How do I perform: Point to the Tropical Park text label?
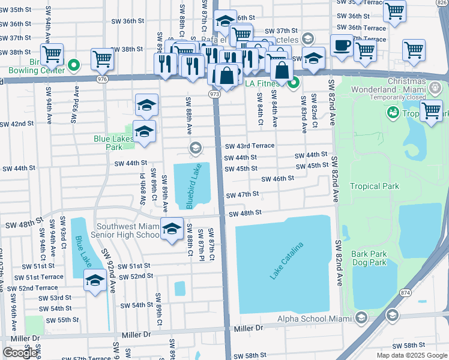coord(374,186)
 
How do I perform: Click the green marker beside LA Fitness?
coord(294,83)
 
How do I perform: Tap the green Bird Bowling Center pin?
coord(74,65)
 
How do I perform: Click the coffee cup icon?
coord(342,46)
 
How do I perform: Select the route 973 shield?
coord(214,94)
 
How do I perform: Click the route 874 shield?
coord(404,292)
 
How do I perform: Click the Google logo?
coord(20,353)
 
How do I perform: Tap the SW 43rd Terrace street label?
coord(249,146)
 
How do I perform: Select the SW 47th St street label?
coord(242,194)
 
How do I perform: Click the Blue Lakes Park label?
coord(108,142)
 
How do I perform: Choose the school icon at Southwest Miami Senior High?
coord(172,229)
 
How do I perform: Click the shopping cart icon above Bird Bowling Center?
coord(52,54)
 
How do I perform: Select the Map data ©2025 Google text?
coord(412,355)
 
